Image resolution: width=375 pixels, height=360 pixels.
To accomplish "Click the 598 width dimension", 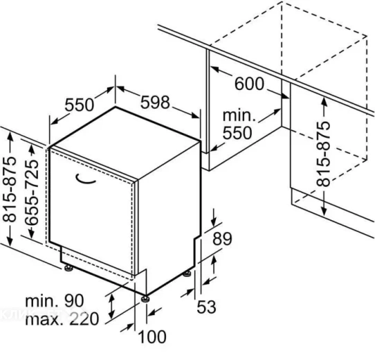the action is (x=155, y=102).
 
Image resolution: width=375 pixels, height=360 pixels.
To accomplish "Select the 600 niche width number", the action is (x=250, y=84).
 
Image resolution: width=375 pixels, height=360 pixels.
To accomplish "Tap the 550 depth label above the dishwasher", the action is (x=80, y=105).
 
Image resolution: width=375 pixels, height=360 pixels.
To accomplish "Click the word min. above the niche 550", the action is (x=239, y=116).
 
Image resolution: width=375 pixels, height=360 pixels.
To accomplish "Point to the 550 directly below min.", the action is (x=237, y=133).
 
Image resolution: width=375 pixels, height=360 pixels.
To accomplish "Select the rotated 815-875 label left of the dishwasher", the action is (x=9, y=189).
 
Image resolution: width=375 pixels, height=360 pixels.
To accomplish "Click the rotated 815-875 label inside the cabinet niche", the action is (x=323, y=154).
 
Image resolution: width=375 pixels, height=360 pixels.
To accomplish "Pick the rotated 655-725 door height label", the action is (x=31, y=192).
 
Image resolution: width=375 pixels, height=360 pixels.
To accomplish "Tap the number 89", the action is (x=222, y=238).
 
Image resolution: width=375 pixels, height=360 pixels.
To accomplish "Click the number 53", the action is (x=206, y=307).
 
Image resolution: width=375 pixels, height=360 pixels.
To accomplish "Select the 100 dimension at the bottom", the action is (x=152, y=336).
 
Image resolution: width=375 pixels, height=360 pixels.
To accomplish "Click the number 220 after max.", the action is (x=84, y=319).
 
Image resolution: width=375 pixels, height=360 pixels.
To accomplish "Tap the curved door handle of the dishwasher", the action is (x=85, y=179).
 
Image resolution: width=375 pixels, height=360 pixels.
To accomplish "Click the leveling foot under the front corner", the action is (x=145, y=298).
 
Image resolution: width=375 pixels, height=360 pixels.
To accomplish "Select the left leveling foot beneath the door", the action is (x=68, y=268).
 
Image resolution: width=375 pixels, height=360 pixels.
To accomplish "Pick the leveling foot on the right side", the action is (x=187, y=273).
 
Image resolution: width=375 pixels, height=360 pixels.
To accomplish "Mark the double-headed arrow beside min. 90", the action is (x=111, y=306).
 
